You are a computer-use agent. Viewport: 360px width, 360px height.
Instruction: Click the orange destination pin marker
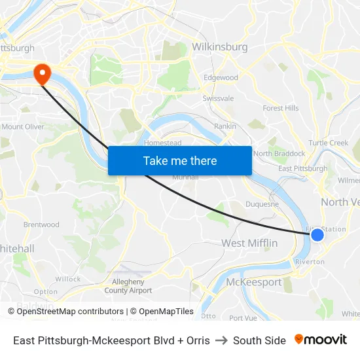[42, 73]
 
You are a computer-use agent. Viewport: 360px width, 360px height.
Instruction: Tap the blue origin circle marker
[317, 234]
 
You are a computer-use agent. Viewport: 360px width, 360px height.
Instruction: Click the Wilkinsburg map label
[220, 47]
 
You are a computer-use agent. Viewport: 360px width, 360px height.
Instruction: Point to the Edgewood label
[221, 77]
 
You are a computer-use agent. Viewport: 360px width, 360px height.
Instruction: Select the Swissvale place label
[218, 98]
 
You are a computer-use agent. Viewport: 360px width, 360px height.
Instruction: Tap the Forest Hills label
[280, 108]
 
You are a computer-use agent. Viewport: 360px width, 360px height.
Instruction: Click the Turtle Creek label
[328, 143]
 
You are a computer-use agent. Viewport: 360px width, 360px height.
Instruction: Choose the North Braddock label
[279, 153]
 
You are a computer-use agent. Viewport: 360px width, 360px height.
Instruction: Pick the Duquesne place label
[262, 204]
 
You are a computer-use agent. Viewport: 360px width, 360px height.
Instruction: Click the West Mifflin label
[249, 243]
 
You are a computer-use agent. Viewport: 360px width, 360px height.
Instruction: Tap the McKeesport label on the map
[253, 282]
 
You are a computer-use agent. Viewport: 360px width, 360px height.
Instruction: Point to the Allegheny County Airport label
[128, 286]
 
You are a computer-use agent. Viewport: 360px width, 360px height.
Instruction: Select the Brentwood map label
[41, 225]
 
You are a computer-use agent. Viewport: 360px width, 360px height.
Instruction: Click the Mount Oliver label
[23, 126]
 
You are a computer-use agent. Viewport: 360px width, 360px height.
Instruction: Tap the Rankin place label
[225, 126]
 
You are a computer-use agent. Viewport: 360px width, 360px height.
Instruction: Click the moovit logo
[321, 340]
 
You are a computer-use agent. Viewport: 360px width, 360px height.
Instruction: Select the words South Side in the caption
[259, 340]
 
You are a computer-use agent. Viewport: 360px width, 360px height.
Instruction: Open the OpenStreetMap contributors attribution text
[70, 312]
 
